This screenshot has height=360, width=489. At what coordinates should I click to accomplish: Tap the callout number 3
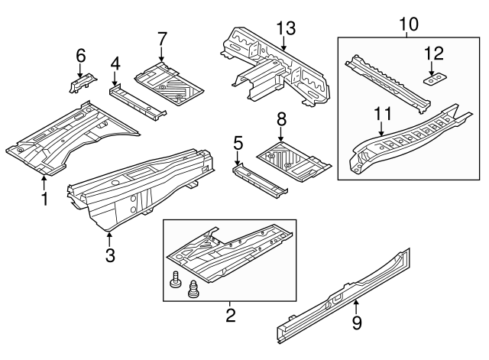[110, 255]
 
